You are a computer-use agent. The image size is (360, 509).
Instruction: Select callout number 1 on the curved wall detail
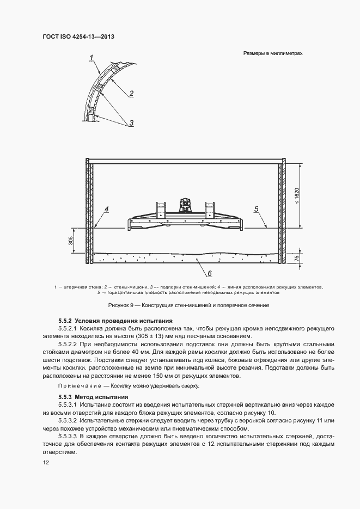click(x=91, y=57)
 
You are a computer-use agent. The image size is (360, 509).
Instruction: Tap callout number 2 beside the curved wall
click(x=131, y=94)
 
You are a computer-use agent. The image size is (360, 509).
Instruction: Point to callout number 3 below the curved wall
click(x=131, y=124)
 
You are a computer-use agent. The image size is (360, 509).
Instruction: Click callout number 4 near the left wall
click(x=107, y=208)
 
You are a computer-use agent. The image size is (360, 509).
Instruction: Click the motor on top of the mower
click(x=185, y=205)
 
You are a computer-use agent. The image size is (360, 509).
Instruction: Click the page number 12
click(x=46, y=462)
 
